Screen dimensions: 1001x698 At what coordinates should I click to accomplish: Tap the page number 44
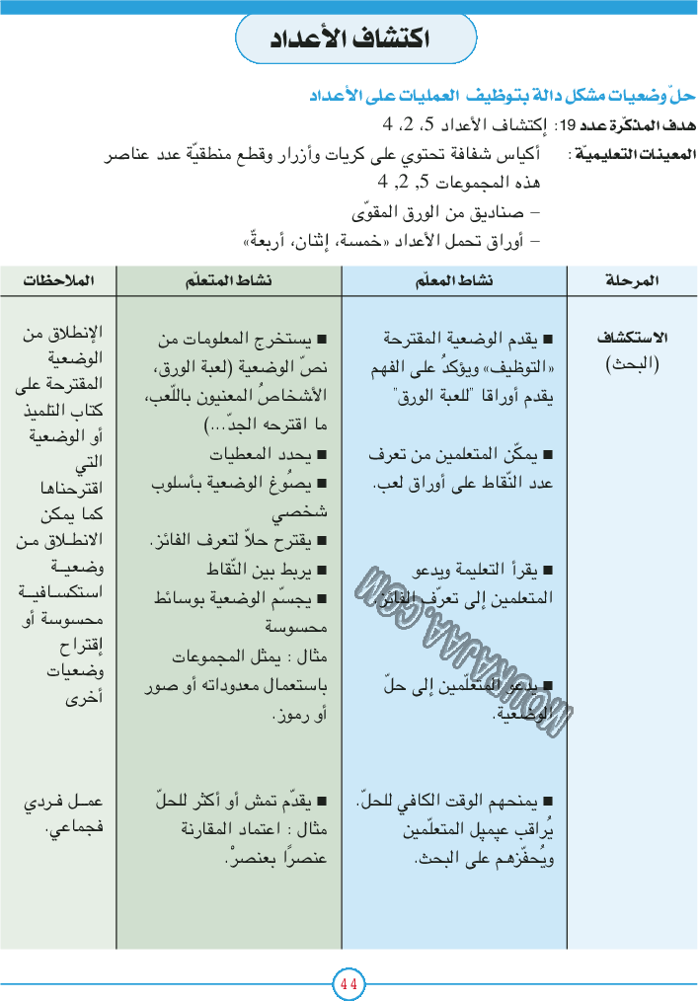[349, 983]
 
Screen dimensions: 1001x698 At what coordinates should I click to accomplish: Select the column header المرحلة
[632, 281]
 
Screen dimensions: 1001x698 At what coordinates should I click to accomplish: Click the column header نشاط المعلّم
[455, 281]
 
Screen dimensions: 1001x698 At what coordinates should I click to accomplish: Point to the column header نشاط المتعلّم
[229, 281]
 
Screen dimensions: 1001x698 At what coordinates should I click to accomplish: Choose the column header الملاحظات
[59, 281]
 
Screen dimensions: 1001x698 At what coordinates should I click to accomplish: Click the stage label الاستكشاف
[633, 338]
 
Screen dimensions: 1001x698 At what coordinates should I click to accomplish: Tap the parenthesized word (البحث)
[632, 363]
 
